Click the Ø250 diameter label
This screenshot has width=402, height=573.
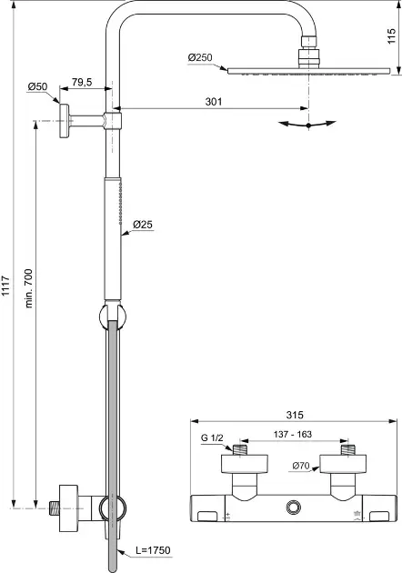(200, 57)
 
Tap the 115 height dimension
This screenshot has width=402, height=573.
(391, 36)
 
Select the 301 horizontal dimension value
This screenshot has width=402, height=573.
(214, 102)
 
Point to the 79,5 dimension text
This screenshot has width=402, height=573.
(82, 82)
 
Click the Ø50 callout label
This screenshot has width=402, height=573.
(37, 87)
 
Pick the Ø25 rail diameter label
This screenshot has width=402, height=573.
(143, 225)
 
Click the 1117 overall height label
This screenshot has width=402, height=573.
(6, 286)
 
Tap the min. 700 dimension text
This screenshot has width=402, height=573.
(29, 288)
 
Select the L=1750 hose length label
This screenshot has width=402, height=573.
(153, 550)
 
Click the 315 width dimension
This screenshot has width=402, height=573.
(295, 415)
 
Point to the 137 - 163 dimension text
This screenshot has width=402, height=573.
(293, 434)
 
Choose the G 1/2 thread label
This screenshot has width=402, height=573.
(212, 437)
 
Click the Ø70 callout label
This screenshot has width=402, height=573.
(301, 466)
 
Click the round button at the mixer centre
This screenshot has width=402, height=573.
(293, 507)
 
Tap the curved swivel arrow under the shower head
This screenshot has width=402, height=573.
(307, 125)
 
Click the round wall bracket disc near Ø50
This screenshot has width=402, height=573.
(65, 121)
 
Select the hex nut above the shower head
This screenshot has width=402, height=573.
(310, 42)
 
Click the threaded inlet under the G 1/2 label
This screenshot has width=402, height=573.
(240, 450)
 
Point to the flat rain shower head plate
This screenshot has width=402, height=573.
(309, 71)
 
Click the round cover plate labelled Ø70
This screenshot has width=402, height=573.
(343, 464)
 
